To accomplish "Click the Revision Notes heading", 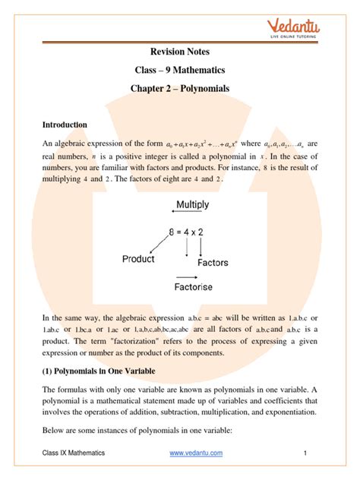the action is [180, 51].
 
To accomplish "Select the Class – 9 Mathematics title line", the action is [180, 71].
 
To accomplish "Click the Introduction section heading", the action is [65, 125].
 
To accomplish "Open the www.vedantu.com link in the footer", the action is [196, 453].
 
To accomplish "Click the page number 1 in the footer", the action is [303, 453].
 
